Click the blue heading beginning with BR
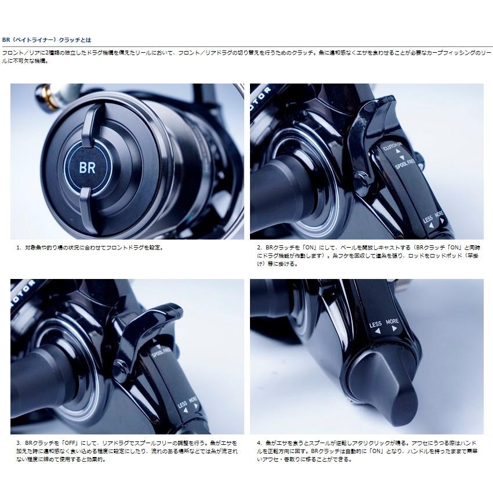pyautogui.click(x=47, y=40)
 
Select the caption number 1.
pyautogui.click(x=19, y=247)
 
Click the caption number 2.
pyautogui.click(x=259, y=247)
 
